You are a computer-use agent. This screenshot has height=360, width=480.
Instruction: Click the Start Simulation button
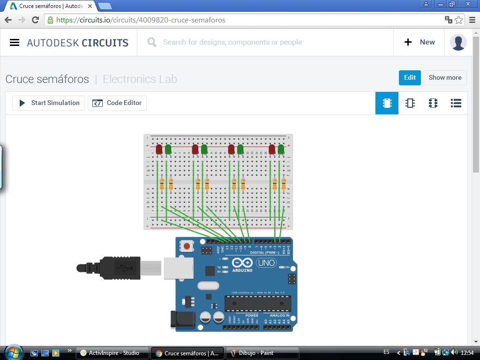pos(49,103)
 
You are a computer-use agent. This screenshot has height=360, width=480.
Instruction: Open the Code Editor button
pos(117,103)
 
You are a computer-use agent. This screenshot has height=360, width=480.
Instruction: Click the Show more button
pos(445,78)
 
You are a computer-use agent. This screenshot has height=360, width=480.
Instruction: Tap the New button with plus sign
pos(420,42)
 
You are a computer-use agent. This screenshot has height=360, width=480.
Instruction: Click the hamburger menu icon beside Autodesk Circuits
pos(15,42)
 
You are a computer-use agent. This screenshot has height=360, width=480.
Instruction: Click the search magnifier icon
pos(152,42)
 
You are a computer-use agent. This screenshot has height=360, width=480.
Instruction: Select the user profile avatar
pos(458,42)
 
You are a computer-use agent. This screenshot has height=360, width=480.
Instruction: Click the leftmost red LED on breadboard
pos(159,149)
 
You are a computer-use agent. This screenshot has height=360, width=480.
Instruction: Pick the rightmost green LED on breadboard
pos(281,149)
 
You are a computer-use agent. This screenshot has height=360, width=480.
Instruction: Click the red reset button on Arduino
pos(187,246)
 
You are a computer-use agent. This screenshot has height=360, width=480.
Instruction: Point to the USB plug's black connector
pos(120,268)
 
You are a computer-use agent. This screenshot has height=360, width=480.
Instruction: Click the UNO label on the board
pos(266,263)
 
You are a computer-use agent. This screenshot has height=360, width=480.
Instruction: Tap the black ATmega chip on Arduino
pos(257,303)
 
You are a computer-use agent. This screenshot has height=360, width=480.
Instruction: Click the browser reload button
pos(35,20)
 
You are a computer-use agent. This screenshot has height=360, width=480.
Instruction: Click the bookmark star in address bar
pos(459,20)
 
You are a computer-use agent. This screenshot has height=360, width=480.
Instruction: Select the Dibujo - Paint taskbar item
pos(262,353)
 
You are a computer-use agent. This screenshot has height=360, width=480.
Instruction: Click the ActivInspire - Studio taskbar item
pos(112,353)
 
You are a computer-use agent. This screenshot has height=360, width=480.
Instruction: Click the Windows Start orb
pos(13,352)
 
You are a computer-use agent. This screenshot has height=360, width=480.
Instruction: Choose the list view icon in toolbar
pos(456,103)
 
